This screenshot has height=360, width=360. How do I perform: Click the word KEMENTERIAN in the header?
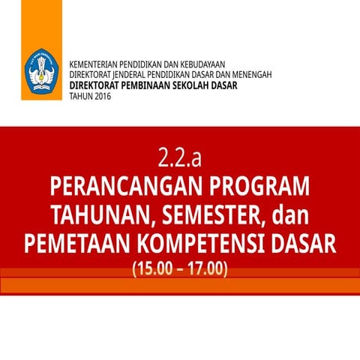tap(92, 65)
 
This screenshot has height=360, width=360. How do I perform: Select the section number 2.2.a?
tap(180, 158)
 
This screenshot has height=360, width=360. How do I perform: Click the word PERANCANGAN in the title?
tap(123, 187)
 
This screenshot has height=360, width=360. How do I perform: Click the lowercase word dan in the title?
tap(292, 216)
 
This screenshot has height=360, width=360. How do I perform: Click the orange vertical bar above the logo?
tap(30, 22)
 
